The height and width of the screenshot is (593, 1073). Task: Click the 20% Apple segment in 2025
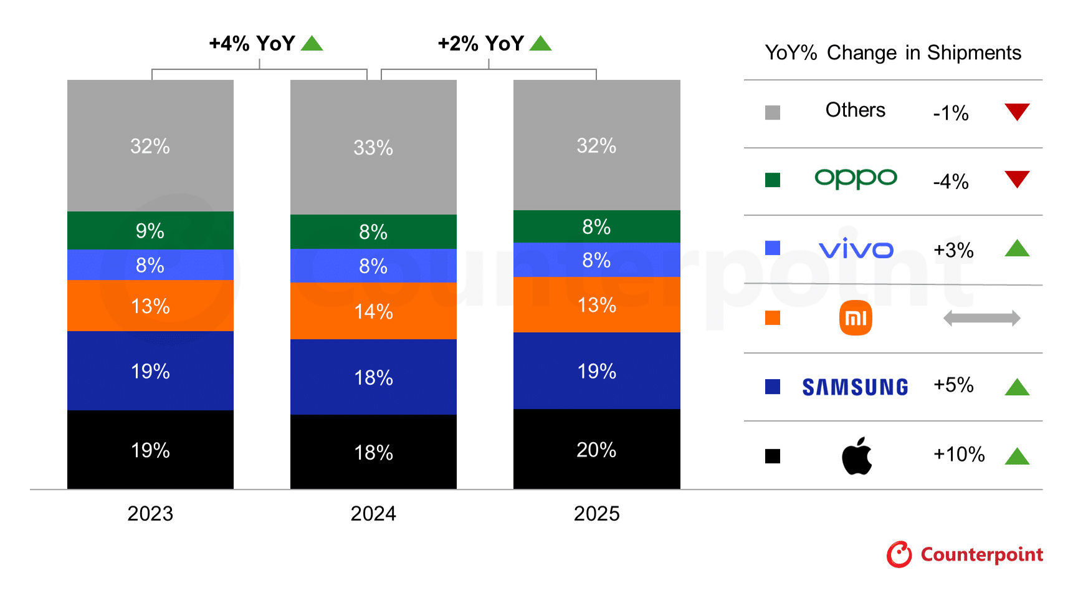[x=596, y=449]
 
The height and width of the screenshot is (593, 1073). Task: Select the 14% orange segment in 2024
[x=373, y=311]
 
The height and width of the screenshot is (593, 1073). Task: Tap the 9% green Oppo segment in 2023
[x=150, y=230]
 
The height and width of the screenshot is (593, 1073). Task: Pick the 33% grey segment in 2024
[x=373, y=147]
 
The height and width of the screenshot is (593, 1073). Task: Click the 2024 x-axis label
[x=373, y=513]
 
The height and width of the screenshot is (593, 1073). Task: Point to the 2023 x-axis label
[x=150, y=513]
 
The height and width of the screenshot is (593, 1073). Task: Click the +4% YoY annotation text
[x=252, y=44]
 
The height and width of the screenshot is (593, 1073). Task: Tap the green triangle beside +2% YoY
[x=540, y=44]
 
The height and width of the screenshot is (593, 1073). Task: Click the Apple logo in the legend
[x=857, y=456]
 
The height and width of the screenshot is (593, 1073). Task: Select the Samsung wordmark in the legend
[x=855, y=387]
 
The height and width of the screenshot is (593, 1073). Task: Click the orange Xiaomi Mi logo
[x=856, y=318]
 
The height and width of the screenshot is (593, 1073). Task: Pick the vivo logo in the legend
[x=856, y=249]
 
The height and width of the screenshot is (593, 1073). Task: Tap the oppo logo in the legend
[x=856, y=179]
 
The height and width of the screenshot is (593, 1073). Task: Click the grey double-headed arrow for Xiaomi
[x=981, y=318]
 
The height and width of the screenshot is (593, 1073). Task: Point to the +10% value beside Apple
[x=958, y=454]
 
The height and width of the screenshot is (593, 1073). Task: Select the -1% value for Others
[x=950, y=113]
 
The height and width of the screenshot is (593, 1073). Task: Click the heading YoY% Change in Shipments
[x=892, y=53]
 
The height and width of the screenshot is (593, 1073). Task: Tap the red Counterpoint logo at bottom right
[x=965, y=554]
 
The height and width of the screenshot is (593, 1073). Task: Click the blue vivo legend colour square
[x=773, y=248]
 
